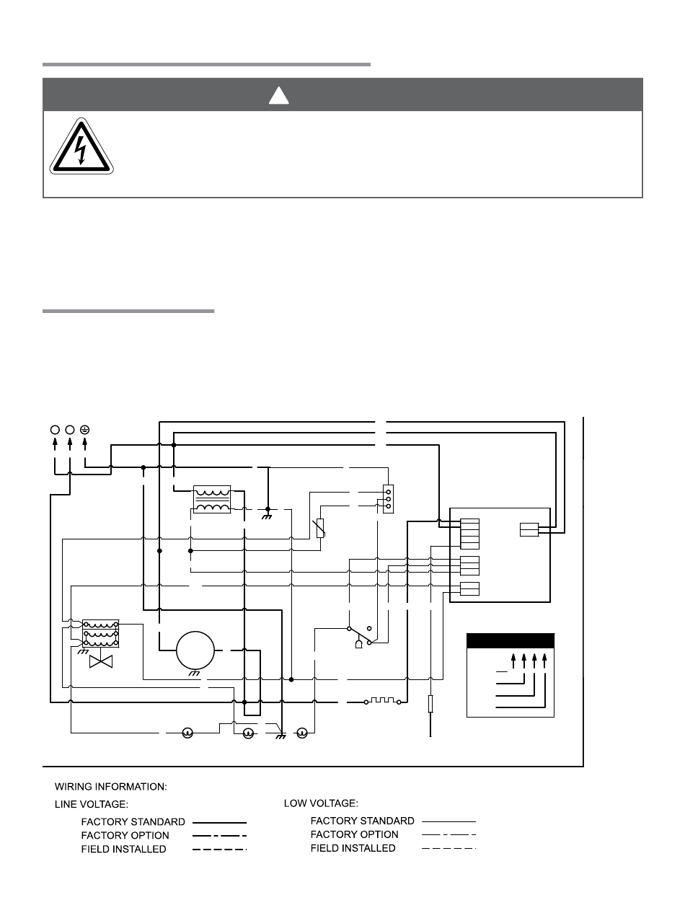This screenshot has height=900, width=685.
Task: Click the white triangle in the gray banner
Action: pos(279,94)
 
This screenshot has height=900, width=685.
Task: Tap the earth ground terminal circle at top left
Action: pos(85,430)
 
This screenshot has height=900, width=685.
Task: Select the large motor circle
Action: pos(195,649)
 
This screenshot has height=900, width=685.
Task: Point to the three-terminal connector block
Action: pos(388,498)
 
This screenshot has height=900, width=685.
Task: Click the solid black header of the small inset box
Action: pos(511,641)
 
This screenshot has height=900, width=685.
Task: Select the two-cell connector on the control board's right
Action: pos(529,530)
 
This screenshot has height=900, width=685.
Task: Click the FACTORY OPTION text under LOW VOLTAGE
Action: pos(354,834)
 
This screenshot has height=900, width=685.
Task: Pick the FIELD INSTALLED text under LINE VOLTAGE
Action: pos(123,850)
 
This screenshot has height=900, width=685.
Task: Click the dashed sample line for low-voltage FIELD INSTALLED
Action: pos(448,849)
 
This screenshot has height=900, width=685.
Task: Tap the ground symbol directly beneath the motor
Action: pos(194,673)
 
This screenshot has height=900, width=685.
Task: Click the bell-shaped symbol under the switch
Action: pos(358,643)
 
